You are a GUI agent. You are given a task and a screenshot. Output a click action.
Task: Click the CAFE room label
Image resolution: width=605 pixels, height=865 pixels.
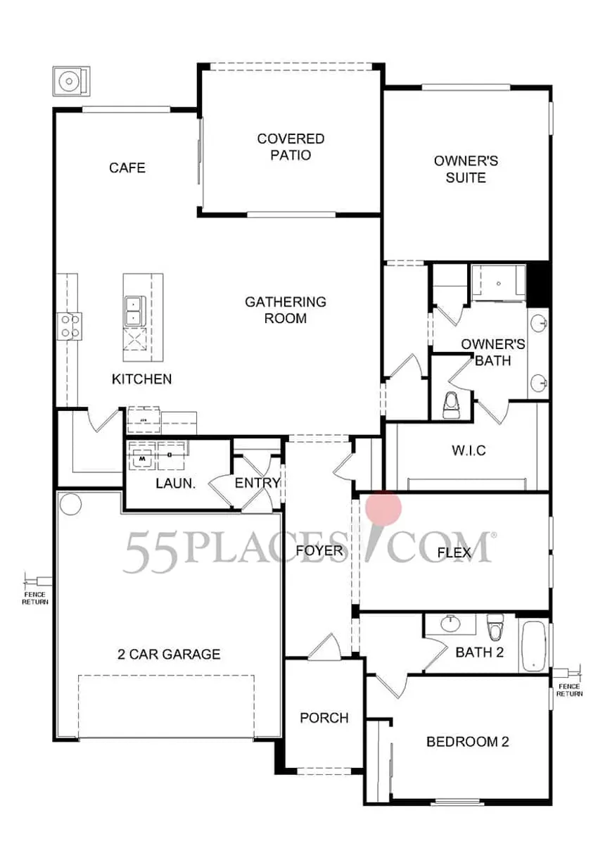point(127,168)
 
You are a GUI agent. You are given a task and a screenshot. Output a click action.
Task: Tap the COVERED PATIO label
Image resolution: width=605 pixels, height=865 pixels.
point(291,146)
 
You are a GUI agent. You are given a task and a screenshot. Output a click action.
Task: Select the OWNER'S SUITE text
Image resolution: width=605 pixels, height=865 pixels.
point(466,169)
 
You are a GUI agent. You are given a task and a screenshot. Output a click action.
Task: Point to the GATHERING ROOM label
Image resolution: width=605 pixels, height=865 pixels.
point(286,310)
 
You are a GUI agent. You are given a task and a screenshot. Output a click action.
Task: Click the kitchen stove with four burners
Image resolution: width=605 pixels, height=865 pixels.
point(69,325)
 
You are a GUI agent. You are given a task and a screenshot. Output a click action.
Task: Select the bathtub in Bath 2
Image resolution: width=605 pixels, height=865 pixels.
point(534,645)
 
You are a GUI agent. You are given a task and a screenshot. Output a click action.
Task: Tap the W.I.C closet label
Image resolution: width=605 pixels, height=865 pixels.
point(468,450)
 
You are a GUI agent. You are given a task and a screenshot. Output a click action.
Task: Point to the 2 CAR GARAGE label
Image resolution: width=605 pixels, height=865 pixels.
point(168,654)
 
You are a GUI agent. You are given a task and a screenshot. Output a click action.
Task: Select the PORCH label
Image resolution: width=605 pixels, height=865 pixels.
point(324,718)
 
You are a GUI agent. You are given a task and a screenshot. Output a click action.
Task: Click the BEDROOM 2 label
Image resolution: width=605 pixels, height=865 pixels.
point(468,741)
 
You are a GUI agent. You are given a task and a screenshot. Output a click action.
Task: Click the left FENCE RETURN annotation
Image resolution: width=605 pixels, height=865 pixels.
point(34,598)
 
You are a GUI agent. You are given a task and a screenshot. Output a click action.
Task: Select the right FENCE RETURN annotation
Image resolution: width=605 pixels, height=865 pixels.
point(569,689)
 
